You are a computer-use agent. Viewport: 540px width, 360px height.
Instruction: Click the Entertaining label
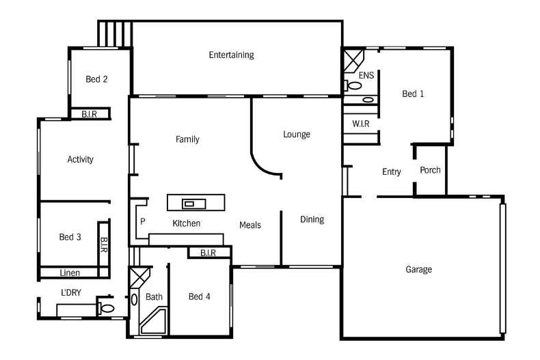(231, 55)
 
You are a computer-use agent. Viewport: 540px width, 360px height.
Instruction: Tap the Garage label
(418, 270)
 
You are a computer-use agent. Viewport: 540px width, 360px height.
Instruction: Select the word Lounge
(297, 135)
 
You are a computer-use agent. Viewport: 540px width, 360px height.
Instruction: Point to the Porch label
(430, 171)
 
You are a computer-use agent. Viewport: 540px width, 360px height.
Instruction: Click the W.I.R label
(361, 124)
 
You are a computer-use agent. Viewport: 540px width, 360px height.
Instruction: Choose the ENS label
(366, 75)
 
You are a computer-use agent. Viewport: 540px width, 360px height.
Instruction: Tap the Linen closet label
(69, 273)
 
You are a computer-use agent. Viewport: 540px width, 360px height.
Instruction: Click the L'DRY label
(71, 293)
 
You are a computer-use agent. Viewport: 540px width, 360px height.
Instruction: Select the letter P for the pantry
(143, 222)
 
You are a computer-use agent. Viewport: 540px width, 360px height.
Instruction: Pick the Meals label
(250, 225)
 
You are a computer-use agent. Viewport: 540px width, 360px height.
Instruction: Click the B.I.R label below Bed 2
(89, 114)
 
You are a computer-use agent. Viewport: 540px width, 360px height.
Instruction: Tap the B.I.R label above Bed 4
(208, 253)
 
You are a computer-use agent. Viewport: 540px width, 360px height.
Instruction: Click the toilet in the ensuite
(353, 86)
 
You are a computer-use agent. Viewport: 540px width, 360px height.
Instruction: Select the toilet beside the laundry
(107, 309)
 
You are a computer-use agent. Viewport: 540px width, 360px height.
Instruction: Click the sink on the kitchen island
(189, 203)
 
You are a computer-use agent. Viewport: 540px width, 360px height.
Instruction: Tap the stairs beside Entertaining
(114, 33)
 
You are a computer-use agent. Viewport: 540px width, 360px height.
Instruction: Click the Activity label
(80, 160)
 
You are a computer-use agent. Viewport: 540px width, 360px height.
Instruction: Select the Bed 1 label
(413, 94)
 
